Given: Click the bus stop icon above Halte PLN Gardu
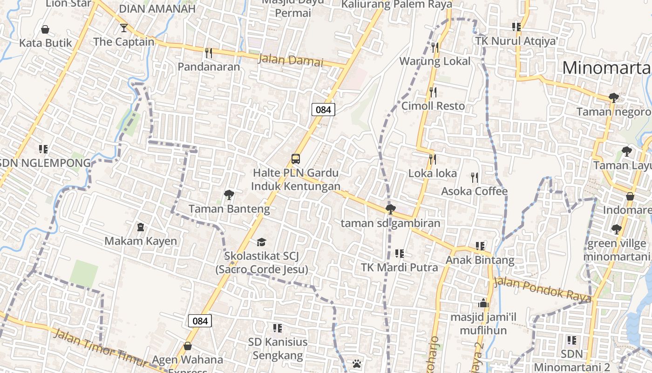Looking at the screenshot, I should (x=296, y=159).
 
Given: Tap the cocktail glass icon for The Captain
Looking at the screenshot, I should (x=123, y=28).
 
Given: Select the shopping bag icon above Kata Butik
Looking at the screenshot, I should (x=45, y=29).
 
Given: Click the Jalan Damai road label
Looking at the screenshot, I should (x=290, y=60).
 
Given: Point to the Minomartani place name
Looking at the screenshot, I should (x=606, y=68).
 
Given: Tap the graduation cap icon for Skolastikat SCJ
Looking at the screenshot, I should (x=261, y=242).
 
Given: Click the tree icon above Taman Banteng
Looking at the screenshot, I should (x=229, y=194).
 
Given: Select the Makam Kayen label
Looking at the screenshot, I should (x=141, y=241).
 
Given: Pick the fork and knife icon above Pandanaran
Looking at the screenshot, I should (x=209, y=53).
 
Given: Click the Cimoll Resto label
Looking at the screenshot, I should (x=433, y=106).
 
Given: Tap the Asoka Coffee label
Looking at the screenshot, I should (x=474, y=191).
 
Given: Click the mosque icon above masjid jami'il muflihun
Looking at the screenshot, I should (x=483, y=303).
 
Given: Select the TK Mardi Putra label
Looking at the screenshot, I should (x=400, y=268).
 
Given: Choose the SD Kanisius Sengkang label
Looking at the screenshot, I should (x=278, y=349).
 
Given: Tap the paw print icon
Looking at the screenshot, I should (x=357, y=363).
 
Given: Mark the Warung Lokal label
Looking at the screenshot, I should (x=435, y=61).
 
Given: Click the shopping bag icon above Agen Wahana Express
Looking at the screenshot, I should (x=188, y=346).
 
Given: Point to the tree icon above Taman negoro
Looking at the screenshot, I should (x=614, y=97).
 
